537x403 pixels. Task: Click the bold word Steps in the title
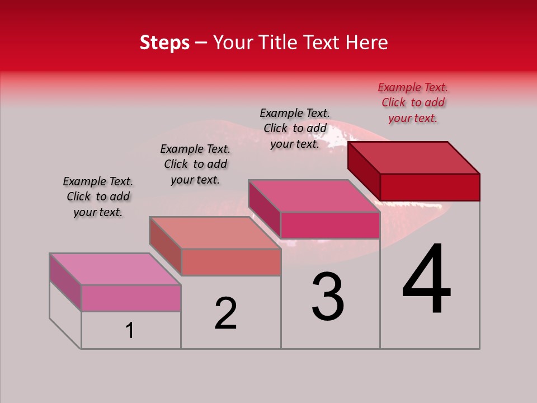(x=164, y=43)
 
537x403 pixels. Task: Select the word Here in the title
(x=367, y=43)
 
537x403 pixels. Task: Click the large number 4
(x=426, y=280)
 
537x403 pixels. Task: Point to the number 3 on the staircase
(x=328, y=297)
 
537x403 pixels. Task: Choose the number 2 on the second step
(x=226, y=313)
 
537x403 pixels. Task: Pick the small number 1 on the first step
(x=130, y=331)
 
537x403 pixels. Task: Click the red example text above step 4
(x=413, y=102)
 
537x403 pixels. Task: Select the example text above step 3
(x=295, y=128)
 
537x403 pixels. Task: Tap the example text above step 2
(x=195, y=164)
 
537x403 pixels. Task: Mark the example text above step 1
(x=98, y=196)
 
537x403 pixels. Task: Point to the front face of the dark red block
(x=430, y=187)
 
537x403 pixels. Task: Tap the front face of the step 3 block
(x=330, y=225)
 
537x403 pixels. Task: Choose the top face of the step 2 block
(x=215, y=233)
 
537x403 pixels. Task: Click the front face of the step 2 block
(x=230, y=262)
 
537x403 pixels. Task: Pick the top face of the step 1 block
(x=115, y=269)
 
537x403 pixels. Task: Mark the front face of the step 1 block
(x=131, y=298)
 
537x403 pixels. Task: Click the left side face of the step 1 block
(x=65, y=282)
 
